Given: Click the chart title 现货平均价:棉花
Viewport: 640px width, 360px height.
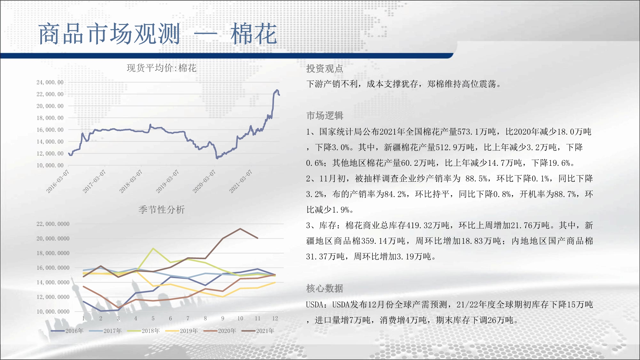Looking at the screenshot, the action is [x=162, y=68].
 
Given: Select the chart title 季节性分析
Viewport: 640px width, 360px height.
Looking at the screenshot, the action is [x=162, y=210].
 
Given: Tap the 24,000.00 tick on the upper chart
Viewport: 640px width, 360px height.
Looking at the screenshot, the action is [x=50, y=83].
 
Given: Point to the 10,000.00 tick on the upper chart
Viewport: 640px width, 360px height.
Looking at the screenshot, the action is [x=50, y=165].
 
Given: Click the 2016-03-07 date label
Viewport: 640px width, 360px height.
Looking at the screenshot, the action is [x=58, y=181].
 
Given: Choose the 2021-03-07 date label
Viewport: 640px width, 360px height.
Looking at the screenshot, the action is [x=241, y=181].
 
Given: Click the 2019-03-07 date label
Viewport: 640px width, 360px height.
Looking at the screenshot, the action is [x=167, y=181].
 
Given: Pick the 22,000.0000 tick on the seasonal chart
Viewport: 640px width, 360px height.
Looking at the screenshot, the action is [x=53, y=224].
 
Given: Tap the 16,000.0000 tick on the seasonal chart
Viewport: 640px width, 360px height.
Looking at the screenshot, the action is [x=53, y=268].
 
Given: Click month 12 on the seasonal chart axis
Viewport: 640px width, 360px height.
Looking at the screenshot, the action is [x=275, y=318].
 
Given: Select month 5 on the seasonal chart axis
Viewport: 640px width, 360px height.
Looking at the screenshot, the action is [x=153, y=318].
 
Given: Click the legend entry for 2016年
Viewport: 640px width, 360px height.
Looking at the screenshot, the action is [x=67, y=331].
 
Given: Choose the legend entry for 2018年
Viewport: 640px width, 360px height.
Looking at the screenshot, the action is [x=144, y=331].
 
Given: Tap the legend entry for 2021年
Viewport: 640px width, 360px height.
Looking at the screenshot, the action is [x=258, y=331].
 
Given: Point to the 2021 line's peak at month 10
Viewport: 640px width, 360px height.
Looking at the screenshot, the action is [x=240, y=228].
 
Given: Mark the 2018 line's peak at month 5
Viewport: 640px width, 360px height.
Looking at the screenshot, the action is [x=153, y=248].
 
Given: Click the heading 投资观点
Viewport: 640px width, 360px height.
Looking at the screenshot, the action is [x=324, y=68].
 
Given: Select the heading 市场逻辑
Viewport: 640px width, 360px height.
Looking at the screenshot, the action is [x=324, y=116].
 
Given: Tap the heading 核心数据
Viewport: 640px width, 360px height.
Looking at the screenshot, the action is [x=324, y=288].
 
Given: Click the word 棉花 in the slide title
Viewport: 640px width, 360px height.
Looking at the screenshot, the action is [x=254, y=34].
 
